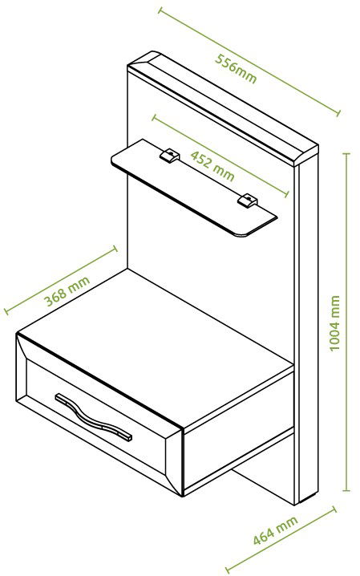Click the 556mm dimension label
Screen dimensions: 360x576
click(236, 68)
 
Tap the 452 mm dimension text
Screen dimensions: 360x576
click(212, 166)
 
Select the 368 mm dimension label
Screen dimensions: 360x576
click(67, 291)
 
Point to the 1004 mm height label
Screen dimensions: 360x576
click(334, 323)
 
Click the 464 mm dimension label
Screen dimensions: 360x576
click(275, 530)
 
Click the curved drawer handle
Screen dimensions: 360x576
click(93, 417)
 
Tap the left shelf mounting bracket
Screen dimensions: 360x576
click(169, 155)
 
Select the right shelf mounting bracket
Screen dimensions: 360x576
click(247, 201)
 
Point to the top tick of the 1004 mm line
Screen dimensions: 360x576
click(346, 153)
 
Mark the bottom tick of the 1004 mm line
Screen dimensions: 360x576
click(346, 490)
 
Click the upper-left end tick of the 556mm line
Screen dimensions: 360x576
click(160, 10)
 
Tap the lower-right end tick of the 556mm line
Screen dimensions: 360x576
click(338, 112)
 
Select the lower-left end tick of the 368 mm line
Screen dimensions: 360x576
click(6, 311)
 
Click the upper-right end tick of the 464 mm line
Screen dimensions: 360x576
click(334, 510)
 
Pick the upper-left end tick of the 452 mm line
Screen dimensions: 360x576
click(154, 118)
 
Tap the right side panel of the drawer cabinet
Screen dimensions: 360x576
click(239, 430)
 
